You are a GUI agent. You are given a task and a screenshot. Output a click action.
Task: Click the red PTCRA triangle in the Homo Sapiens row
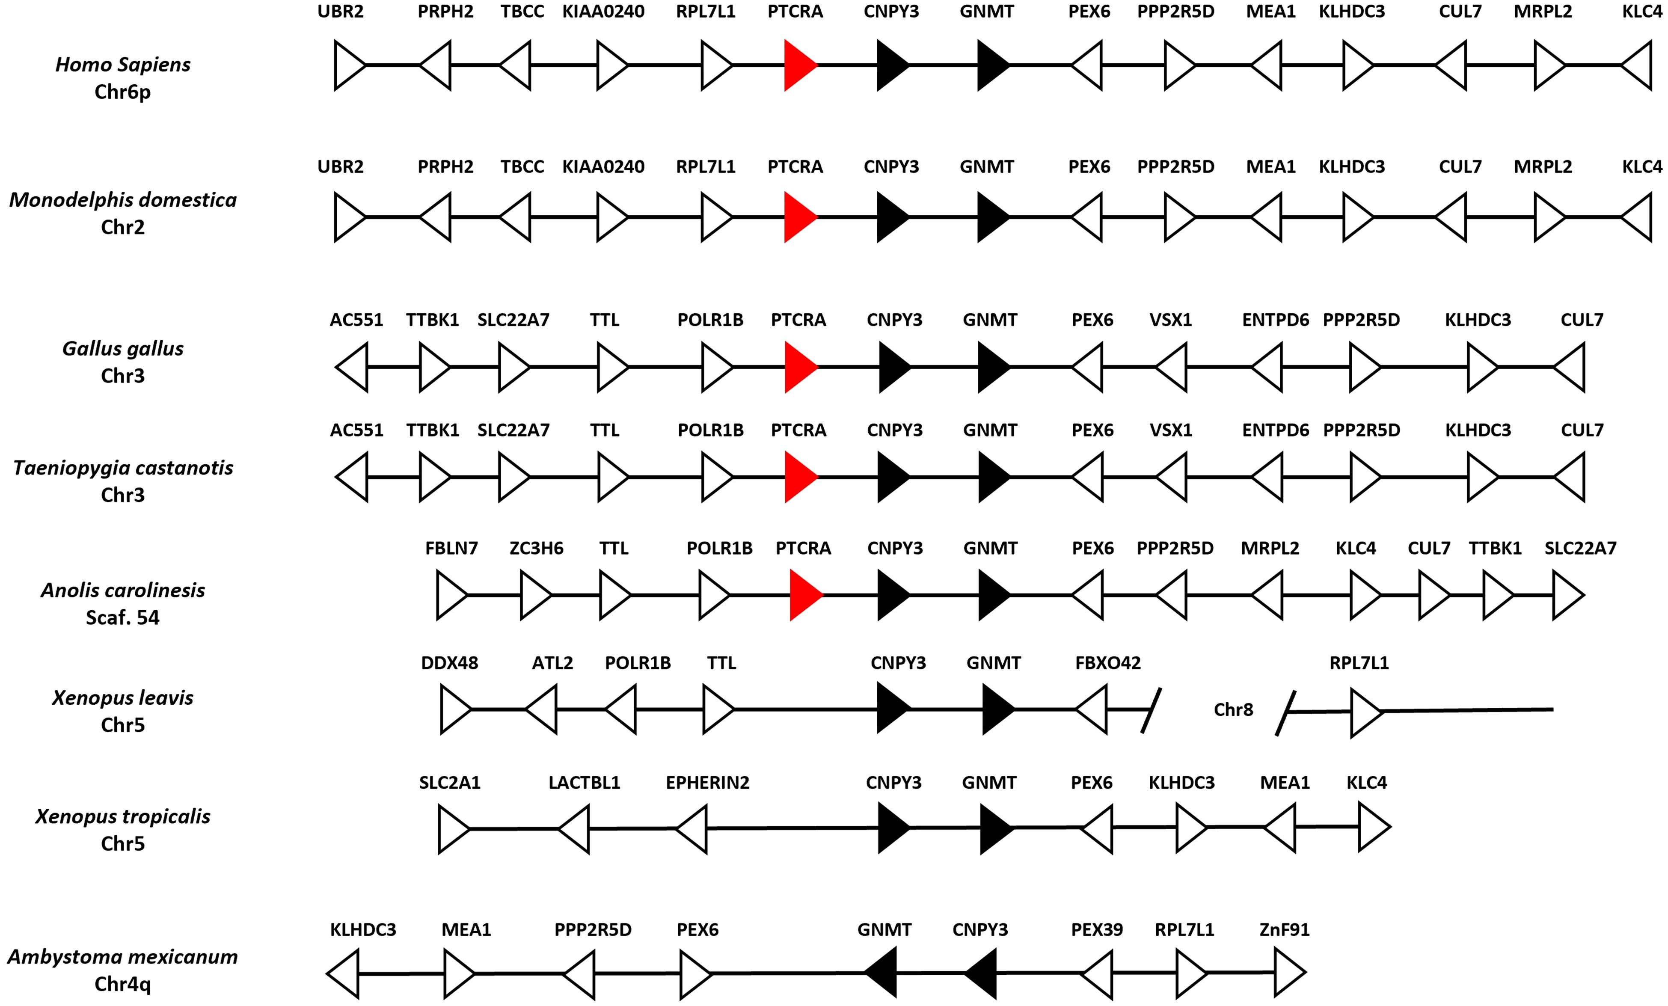pos(799,65)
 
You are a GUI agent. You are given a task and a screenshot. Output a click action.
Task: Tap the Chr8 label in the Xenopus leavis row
pos(1233,709)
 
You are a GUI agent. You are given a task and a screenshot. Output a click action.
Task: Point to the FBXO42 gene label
pos(1107,663)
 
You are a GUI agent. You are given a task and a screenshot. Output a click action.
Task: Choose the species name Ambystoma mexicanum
pos(122,957)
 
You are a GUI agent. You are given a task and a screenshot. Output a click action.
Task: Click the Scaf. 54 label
pos(122,617)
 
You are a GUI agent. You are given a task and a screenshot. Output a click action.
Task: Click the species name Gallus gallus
pos(122,349)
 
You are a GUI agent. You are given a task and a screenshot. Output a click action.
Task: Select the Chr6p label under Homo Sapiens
pos(122,92)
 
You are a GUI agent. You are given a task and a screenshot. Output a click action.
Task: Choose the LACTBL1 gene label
pos(584,783)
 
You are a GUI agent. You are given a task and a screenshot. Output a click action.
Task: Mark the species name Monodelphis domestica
pos(122,200)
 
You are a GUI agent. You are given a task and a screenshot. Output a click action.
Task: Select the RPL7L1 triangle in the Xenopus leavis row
pos(1364,712)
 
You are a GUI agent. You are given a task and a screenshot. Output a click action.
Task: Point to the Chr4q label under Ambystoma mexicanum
pos(122,984)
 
